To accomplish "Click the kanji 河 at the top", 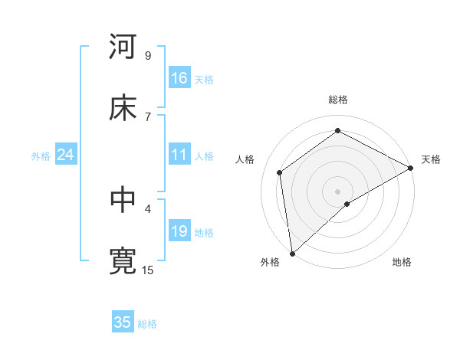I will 123,47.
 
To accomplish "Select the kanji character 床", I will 123,107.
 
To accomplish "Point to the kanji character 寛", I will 123,260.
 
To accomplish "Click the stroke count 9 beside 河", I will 147,56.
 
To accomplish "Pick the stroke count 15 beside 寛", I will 148,270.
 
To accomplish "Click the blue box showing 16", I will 179,78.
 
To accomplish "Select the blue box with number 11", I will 179,155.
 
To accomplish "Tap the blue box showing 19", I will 179,231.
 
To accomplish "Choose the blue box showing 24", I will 66,155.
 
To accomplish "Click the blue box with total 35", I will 123,322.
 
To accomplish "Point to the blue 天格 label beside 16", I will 204,79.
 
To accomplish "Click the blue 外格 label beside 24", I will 41,155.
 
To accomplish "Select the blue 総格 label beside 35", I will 147,323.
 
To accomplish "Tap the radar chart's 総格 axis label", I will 338,100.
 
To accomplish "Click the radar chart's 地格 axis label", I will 402,262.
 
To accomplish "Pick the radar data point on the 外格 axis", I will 292,253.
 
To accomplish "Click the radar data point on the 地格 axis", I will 347,204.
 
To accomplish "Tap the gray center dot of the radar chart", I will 338,191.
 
